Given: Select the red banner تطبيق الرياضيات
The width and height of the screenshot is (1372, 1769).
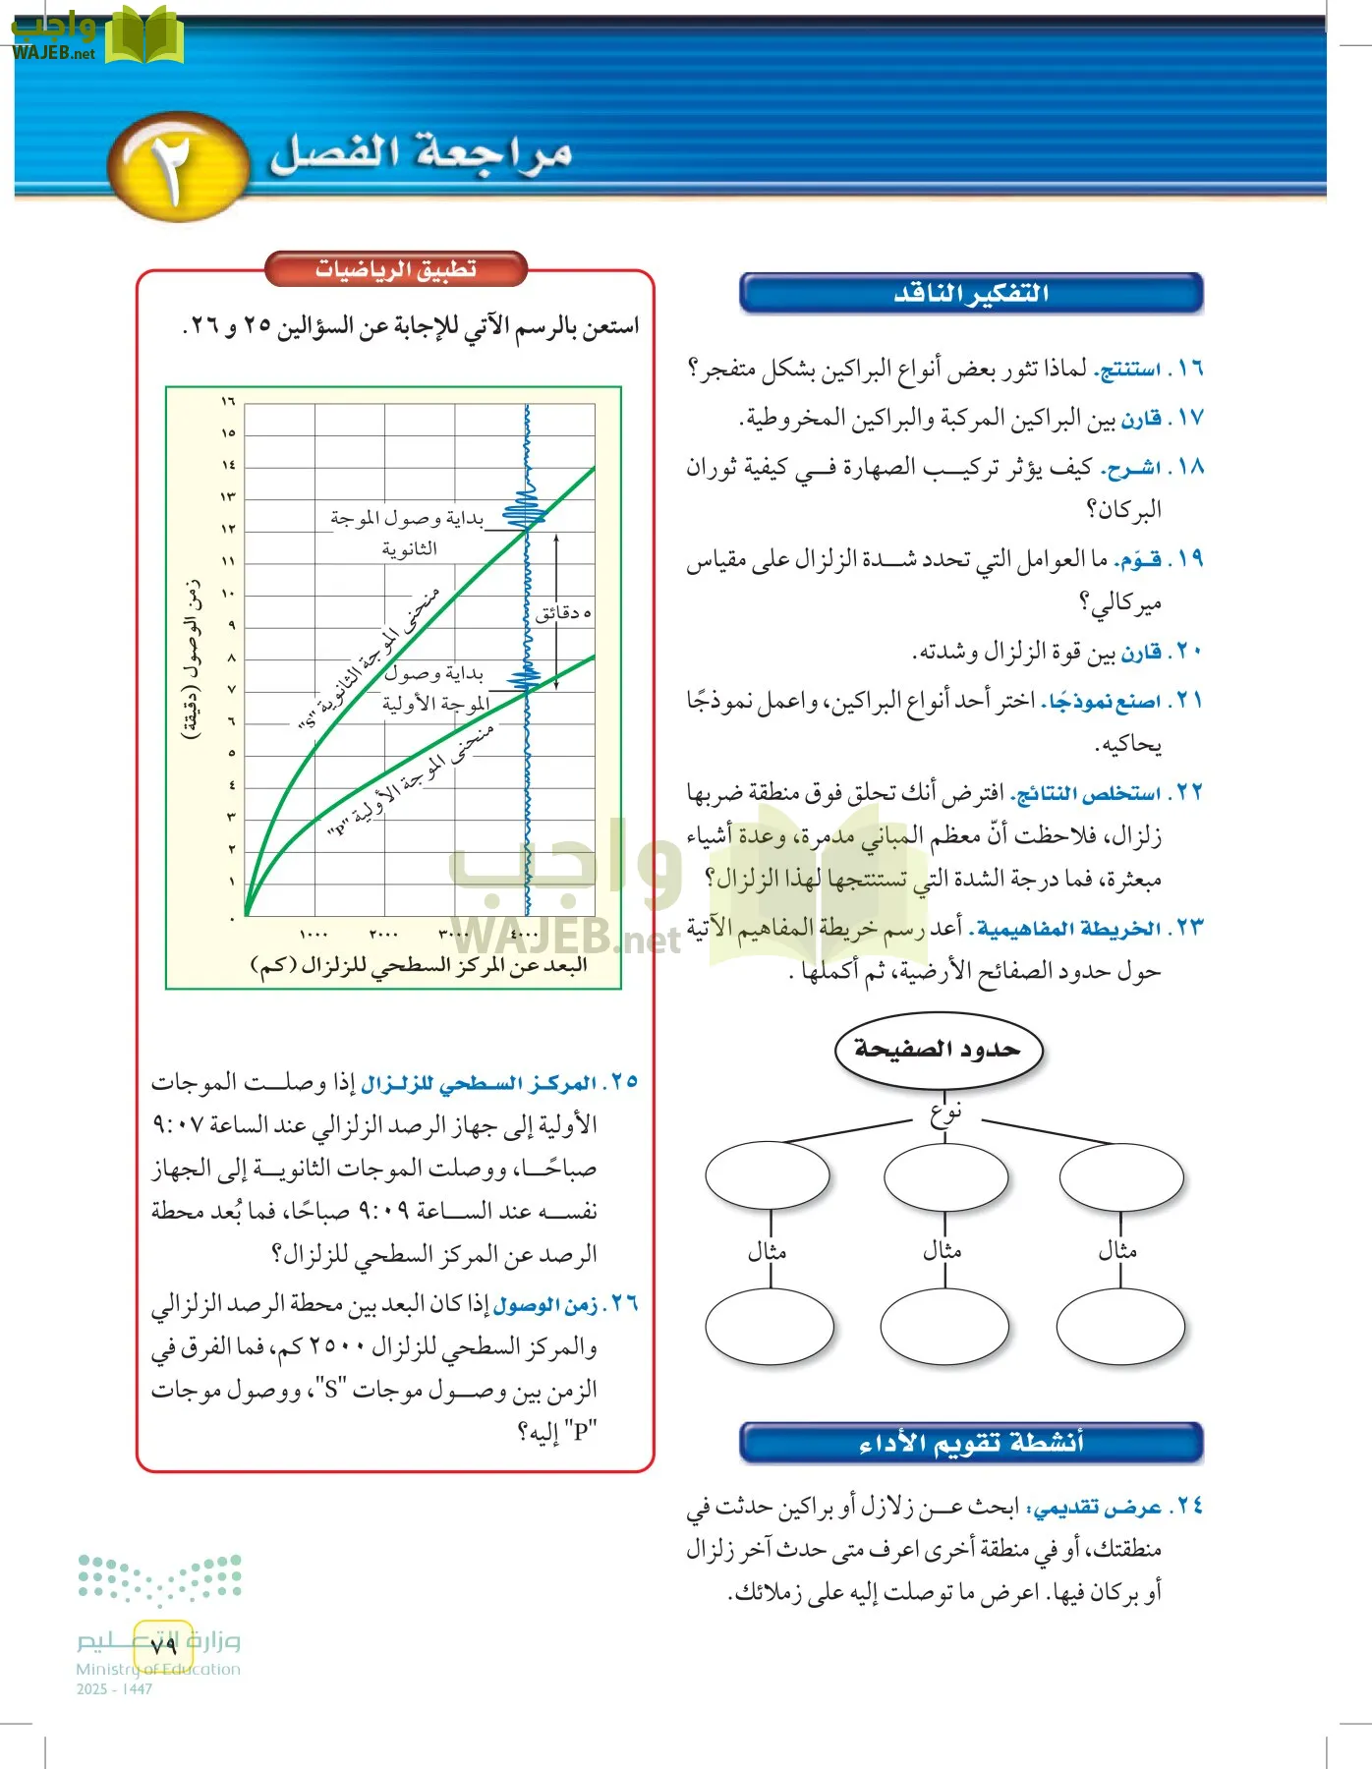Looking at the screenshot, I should [396, 269].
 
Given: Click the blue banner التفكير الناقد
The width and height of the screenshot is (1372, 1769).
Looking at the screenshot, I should [971, 293].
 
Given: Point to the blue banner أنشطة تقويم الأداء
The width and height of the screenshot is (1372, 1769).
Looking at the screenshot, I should [971, 1442].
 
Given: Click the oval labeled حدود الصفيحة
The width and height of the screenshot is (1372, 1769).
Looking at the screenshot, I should [938, 1050].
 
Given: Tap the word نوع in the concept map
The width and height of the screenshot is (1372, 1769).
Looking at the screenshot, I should [945, 1113].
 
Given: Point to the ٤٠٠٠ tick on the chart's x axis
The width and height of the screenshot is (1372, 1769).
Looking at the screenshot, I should [524, 934].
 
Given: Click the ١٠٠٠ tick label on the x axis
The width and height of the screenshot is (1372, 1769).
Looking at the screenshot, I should [314, 934].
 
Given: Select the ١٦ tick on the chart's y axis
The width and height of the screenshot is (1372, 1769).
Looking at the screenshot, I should [228, 401].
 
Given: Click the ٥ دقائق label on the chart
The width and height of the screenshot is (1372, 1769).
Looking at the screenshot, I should [563, 613].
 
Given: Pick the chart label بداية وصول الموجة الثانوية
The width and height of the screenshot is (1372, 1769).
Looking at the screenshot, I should [408, 532].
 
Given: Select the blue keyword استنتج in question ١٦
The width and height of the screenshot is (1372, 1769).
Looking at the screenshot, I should [1127, 371].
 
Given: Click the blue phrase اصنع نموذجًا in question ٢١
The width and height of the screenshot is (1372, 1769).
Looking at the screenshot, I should [1103, 702].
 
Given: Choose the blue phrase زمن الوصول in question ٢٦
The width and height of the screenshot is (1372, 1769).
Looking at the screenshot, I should [545, 1305].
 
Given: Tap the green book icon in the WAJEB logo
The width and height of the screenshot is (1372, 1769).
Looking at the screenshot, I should [143, 35].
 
